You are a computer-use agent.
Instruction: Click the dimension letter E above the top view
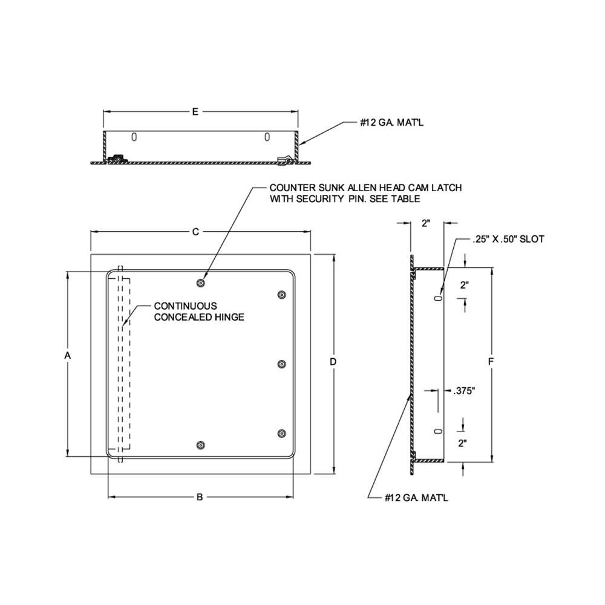[x=195, y=112]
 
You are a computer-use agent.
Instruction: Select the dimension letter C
[x=195, y=232]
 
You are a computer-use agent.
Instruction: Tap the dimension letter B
[x=200, y=497]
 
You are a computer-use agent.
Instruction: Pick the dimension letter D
[x=333, y=362]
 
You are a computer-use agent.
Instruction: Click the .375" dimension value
[x=464, y=391]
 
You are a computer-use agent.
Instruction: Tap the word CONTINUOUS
[x=185, y=306]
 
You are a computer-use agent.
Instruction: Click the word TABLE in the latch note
[x=406, y=198]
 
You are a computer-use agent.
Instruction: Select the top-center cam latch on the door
[x=201, y=283]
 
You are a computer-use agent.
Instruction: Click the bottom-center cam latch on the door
[x=201, y=445]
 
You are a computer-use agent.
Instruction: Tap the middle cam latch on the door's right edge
[x=281, y=364]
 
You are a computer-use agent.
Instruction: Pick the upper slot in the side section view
[x=439, y=298]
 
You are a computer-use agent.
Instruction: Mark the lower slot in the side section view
[x=439, y=431]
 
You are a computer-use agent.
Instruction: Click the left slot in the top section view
[x=134, y=137]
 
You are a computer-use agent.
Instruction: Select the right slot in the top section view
[x=266, y=137]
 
